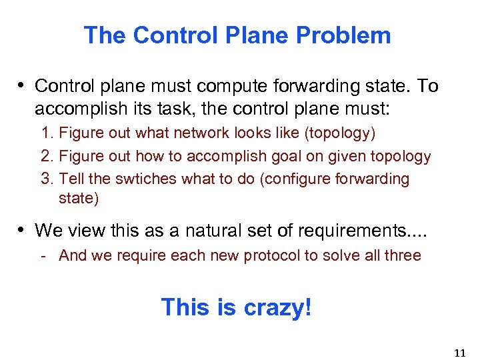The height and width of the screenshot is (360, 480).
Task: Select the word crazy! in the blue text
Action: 277,307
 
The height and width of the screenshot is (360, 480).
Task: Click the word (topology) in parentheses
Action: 340,133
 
